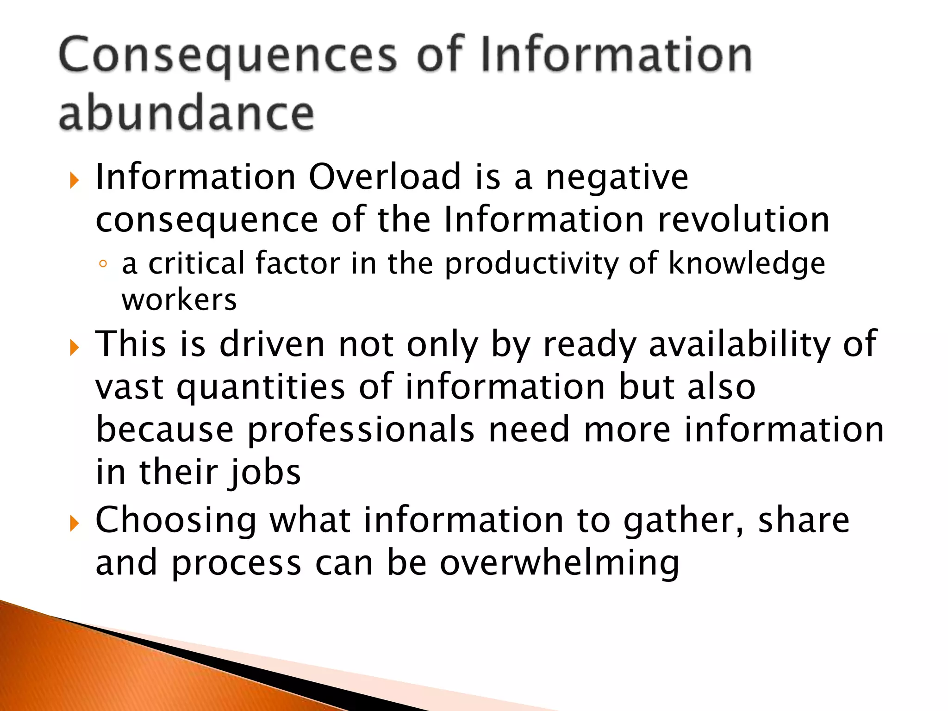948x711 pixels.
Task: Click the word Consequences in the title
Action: click(228, 56)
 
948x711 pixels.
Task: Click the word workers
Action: click(179, 300)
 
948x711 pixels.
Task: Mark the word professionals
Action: click(361, 430)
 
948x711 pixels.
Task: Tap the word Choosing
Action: click(176, 521)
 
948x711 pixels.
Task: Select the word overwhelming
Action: click(559, 563)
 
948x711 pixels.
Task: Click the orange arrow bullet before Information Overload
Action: click(75, 180)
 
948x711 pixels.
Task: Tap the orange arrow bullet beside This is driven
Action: click(75, 347)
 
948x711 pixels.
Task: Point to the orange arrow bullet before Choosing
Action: click(75, 524)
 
